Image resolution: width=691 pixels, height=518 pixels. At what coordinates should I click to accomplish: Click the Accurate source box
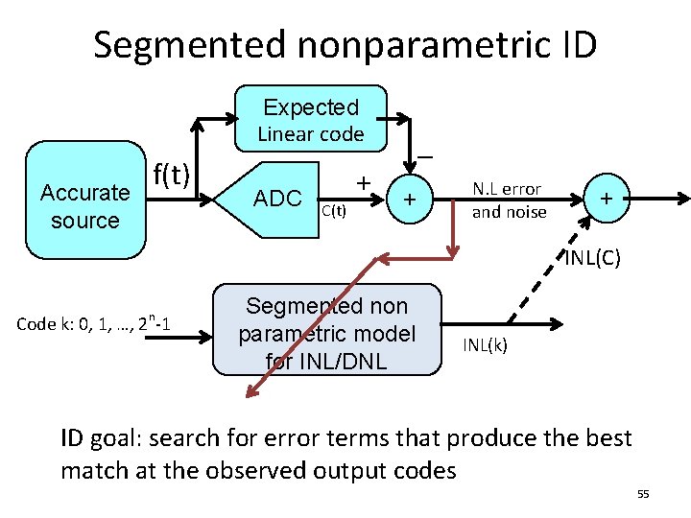click(x=85, y=201)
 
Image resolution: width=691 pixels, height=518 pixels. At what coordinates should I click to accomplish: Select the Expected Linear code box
click(x=310, y=121)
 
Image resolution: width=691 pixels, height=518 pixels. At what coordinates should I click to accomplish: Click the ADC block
click(x=278, y=199)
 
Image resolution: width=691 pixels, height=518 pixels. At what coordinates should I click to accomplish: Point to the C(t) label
click(x=333, y=210)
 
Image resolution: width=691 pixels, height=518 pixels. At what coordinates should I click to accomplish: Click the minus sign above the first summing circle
click(x=424, y=155)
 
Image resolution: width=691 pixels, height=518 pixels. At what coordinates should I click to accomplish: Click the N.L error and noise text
click(x=507, y=200)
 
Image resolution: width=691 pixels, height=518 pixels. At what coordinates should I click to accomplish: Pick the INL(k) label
click(x=485, y=343)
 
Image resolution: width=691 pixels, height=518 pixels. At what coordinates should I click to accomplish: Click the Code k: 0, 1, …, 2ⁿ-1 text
click(x=93, y=323)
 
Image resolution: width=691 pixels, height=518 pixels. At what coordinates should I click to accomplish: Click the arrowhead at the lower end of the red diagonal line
click(x=250, y=391)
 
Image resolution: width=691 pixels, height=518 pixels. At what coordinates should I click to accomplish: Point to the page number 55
click(x=643, y=493)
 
